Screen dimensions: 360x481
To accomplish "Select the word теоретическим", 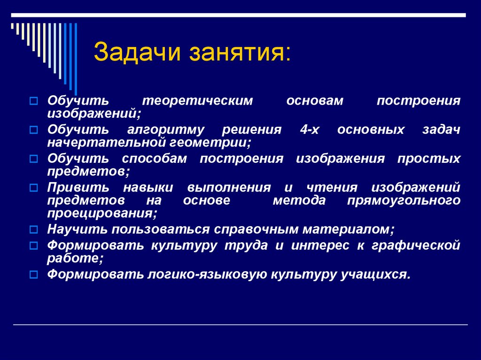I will point(198,101).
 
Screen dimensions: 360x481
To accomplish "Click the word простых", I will point(429,159).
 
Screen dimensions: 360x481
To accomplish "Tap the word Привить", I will point(78,188).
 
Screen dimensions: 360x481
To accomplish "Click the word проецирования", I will point(101,213).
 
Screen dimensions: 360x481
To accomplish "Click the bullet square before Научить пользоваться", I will point(33,230).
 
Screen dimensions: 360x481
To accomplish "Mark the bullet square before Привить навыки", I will point(33,188).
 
